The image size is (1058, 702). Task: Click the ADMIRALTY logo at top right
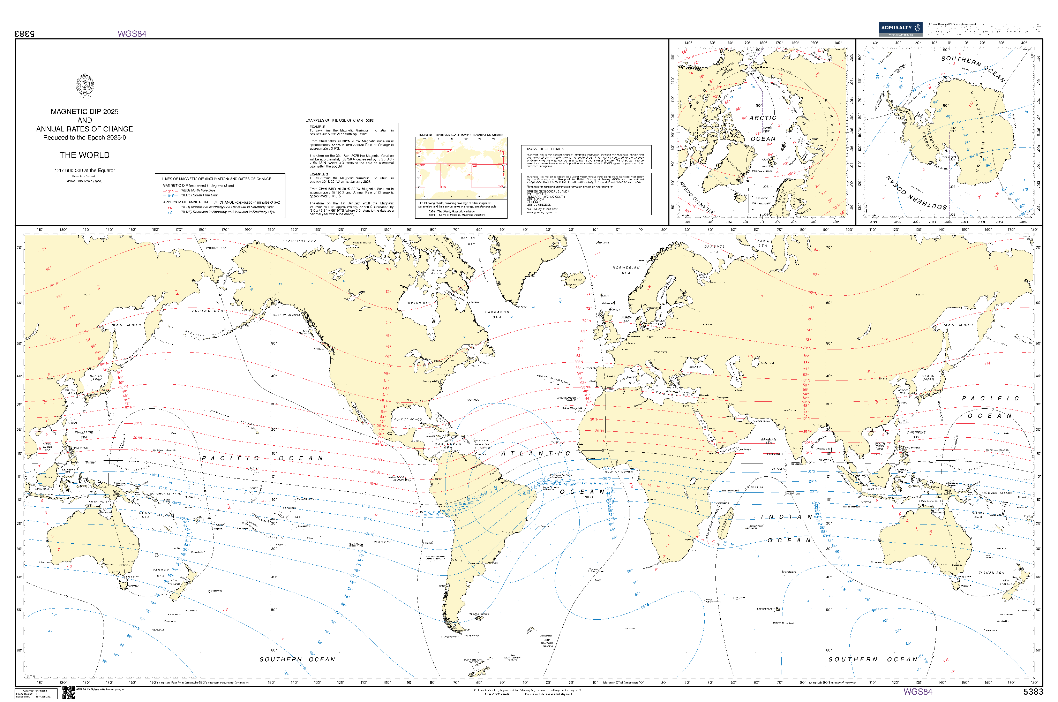tap(900, 29)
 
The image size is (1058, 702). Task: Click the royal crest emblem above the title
tap(85, 85)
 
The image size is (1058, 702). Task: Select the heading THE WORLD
tap(85, 155)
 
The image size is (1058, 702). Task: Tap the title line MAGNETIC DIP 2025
tap(85, 112)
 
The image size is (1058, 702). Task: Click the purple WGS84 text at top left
tap(132, 33)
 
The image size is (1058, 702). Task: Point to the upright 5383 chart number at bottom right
tap(1033, 692)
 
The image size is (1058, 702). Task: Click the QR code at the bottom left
tap(68, 693)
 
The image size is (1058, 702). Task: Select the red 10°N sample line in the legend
tap(170, 191)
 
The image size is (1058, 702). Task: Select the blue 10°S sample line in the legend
tap(170, 196)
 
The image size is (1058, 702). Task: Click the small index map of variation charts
tap(461, 168)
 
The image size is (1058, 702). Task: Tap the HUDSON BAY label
tap(417, 303)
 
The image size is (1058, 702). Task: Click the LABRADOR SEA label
tap(497, 314)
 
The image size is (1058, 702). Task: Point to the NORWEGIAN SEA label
tap(626, 270)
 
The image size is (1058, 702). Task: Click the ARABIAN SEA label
tap(768, 441)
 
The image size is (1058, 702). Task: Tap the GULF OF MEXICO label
tap(407, 420)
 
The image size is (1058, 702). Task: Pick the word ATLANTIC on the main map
tap(535, 453)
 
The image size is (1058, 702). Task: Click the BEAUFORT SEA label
tap(299, 241)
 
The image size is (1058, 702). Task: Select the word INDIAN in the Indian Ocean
tap(787, 517)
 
